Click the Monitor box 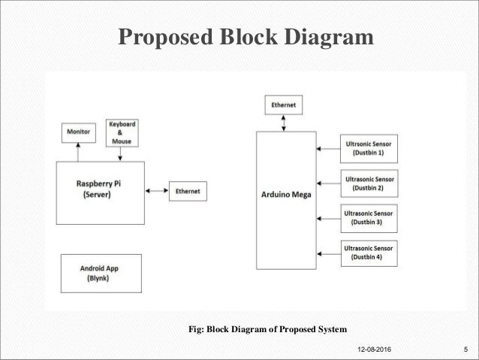(79, 132)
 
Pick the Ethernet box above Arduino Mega (283, 105)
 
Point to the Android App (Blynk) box (100, 273)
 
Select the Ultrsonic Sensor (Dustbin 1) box (367, 147)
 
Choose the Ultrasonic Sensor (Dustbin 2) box (367, 183)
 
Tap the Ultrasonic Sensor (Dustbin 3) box (367, 217)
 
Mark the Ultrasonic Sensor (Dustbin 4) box (367, 253)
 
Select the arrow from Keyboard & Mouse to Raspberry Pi (121, 153)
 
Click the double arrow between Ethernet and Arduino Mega (283, 123)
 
